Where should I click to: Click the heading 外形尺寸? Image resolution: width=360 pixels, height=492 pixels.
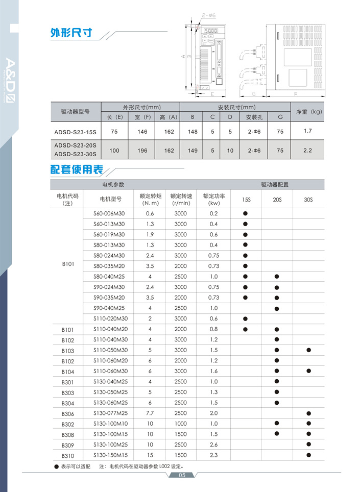[x=71, y=33]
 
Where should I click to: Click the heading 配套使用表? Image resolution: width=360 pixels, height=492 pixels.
[x=76, y=169]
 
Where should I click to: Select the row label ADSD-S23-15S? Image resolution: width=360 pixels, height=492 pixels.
[x=75, y=132]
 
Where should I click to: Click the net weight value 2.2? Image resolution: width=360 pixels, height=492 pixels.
[x=307, y=151]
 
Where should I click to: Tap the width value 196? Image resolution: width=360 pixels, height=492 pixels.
[x=142, y=151]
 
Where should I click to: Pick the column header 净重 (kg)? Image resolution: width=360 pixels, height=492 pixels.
[x=307, y=111]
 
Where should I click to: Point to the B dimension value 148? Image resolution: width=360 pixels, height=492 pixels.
[x=192, y=132]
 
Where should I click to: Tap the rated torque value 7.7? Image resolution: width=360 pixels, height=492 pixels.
[x=150, y=413]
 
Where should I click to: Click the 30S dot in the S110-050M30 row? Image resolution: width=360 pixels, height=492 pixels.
[x=308, y=350]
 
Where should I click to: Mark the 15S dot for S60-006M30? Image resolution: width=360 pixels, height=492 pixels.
[x=245, y=213]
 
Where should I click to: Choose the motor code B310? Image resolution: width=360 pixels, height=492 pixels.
[x=68, y=455]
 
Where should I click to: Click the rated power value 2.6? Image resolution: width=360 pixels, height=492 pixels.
[x=213, y=445]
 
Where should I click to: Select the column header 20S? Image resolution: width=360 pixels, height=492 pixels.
[x=277, y=199]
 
